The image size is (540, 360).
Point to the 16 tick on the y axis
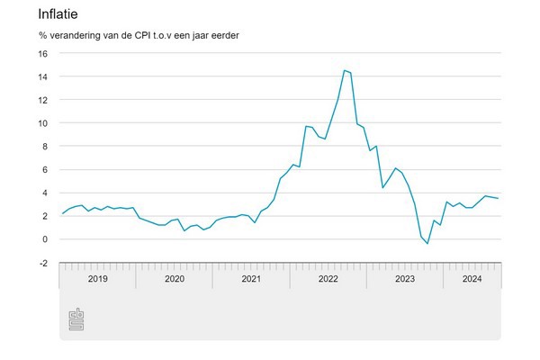click(x=42, y=53)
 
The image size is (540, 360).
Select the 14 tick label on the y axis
click(x=42, y=76)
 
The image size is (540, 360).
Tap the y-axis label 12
click(x=42, y=100)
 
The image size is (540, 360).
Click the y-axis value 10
click(x=42, y=123)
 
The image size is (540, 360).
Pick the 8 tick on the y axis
click(x=45, y=147)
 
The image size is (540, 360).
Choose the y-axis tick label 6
click(x=45, y=169)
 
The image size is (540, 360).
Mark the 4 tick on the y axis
click(x=45, y=193)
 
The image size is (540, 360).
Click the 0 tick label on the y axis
click(x=45, y=239)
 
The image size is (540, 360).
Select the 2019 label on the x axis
click(x=97, y=278)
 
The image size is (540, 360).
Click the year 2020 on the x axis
click(x=174, y=278)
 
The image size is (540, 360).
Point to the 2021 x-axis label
click(x=250, y=278)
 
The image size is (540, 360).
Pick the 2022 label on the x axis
click(x=328, y=278)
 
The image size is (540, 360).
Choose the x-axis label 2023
click(x=404, y=278)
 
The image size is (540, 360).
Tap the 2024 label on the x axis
click(x=471, y=278)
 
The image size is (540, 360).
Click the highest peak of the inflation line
click(x=344, y=70)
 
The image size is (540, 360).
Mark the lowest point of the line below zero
click(x=427, y=244)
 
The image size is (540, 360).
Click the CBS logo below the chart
click(x=77, y=319)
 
